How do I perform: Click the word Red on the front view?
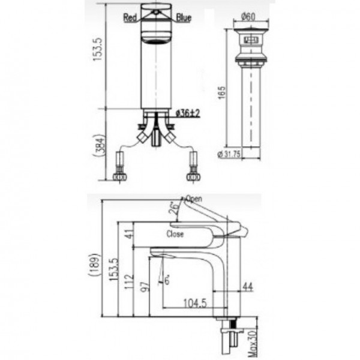(x=130, y=18)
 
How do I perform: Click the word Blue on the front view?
(x=184, y=18)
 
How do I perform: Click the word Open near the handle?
(x=194, y=199)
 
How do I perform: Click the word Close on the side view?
(x=175, y=234)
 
